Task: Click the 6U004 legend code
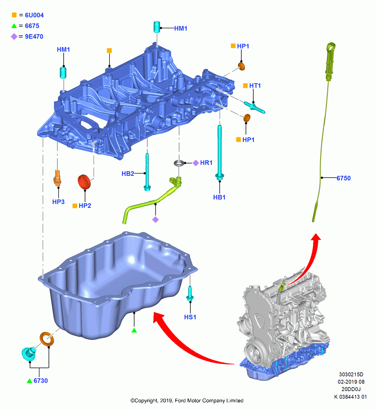(34, 15)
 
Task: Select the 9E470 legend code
(34, 36)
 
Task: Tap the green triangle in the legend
(14, 25)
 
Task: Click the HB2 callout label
(128, 173)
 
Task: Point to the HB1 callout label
(219, 197)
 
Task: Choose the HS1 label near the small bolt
(190, 317)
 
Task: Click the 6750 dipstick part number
(344, 178)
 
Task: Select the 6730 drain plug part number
(41, 381)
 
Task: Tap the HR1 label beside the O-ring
(206, 163)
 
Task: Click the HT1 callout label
(255, 86)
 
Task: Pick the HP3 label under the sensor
(58, 202)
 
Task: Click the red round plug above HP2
(84, 182)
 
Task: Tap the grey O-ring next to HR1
(179, 163)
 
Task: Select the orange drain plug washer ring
(47, 339)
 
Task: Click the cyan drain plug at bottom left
(29, 353)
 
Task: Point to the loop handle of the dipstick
(331, 48)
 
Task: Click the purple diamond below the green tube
(156, 220)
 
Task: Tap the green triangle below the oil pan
(134, 330)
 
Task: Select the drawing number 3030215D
(351, 374)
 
